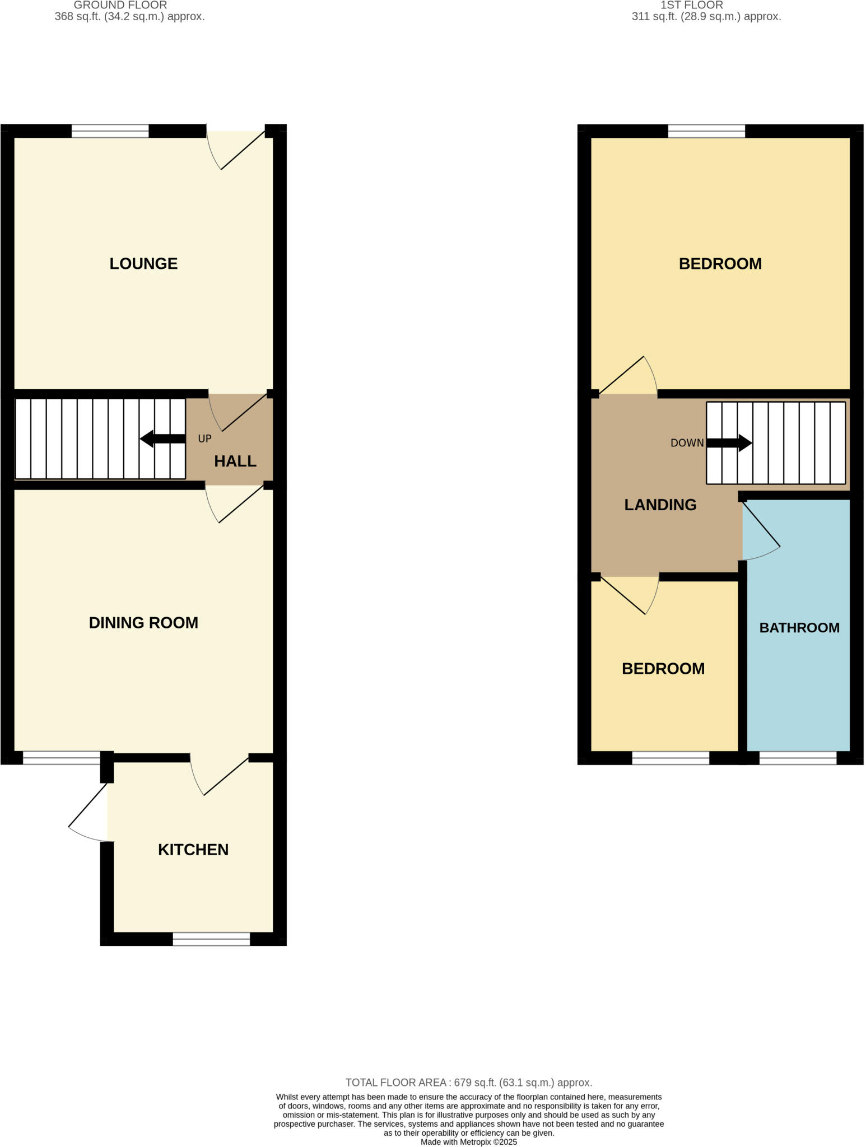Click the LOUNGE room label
point(143,263)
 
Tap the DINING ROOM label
point(143,623)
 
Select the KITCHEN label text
point(193,850)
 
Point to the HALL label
point(235,461)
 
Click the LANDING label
point(660,505)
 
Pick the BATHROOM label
point(799,628)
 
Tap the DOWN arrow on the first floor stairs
point(729,443)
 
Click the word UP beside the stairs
point(204,439)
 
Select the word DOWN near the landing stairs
point(687,443)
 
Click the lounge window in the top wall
point(110,131)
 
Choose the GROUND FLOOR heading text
point(120,5)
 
